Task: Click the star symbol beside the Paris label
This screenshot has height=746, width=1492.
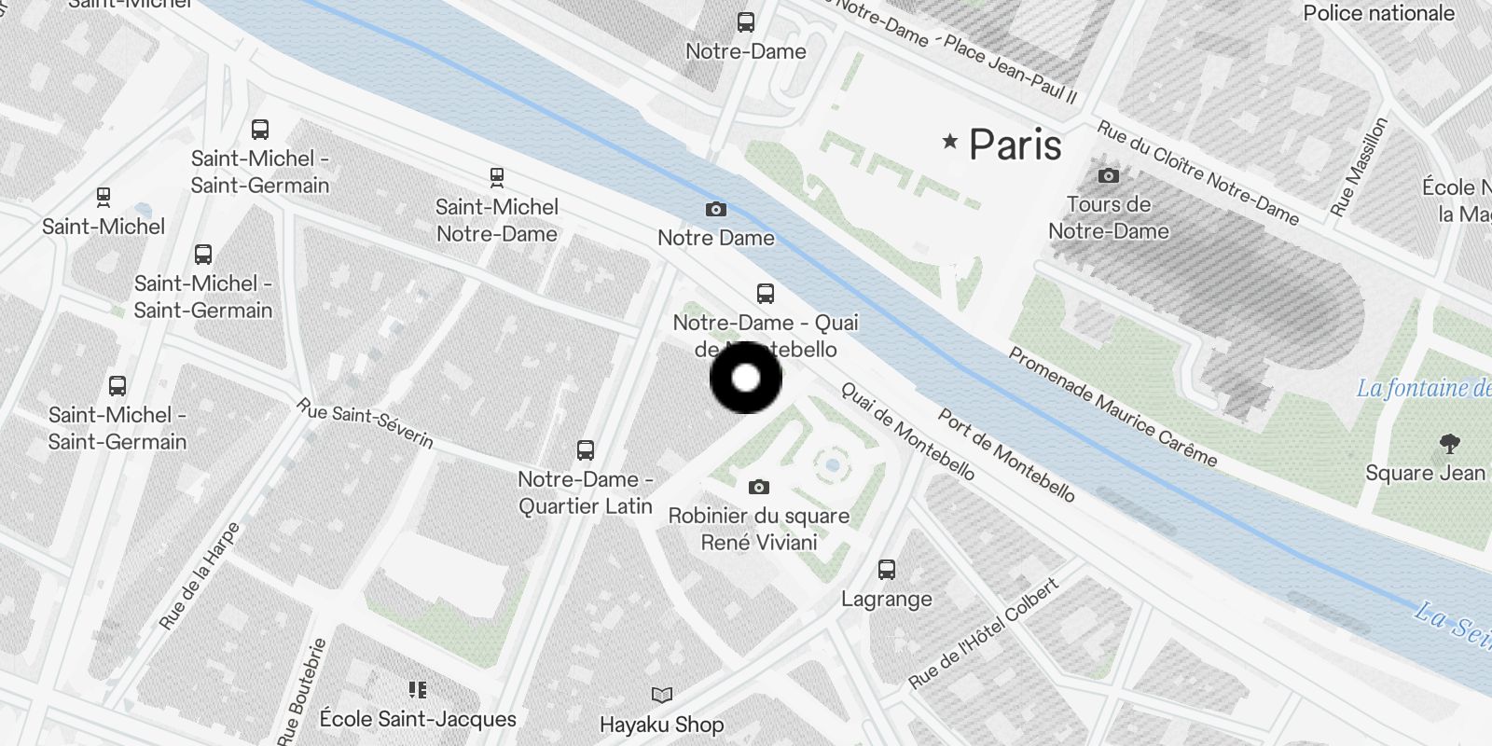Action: coord(949,142)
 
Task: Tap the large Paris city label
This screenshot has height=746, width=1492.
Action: coord(1015,145)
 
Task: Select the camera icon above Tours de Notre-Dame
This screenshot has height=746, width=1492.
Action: coord(1108,175)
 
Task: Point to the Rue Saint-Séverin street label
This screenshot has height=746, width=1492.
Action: coord(365,423)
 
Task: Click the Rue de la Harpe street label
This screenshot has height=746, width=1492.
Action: coord(200,575)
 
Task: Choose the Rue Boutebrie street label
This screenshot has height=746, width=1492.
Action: coord(303,690)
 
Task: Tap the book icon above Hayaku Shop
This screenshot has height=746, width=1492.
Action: coord(661,695)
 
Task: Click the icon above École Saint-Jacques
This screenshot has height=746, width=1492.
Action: coord(418,690)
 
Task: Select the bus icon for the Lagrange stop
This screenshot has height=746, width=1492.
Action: coord(886,569)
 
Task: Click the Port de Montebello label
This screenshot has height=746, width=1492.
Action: coord(1006,455)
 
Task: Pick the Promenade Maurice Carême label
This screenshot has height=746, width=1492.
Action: coord(1112,407)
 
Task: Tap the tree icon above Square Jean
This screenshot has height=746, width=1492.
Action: coord(1449,444)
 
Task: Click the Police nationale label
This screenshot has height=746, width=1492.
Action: coord(1378,13)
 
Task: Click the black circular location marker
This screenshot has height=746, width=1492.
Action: coord(746,378)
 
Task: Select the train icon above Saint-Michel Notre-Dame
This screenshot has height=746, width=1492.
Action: coord(497,177)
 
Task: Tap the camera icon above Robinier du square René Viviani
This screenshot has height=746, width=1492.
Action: coord(759,487)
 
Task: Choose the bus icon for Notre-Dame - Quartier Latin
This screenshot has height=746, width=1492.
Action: coord(585,450)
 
